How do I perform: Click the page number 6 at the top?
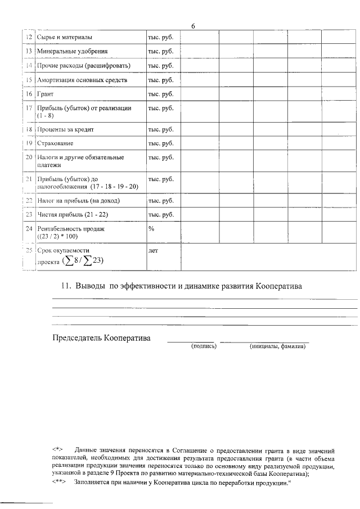193,26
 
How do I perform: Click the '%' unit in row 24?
151,229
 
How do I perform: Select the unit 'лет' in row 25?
152,251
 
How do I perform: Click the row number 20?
29,157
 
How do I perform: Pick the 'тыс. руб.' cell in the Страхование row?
160,144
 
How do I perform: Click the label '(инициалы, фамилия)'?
277,347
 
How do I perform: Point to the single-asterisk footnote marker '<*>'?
58,451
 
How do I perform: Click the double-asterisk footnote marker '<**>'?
60,483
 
